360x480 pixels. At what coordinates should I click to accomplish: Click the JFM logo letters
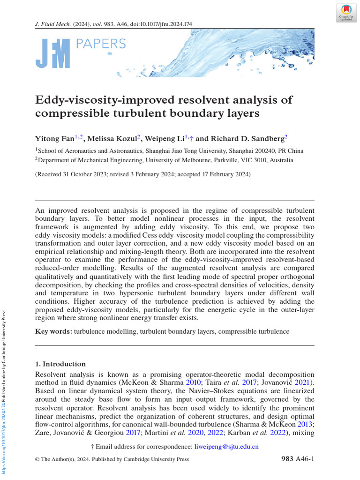click(53, 54)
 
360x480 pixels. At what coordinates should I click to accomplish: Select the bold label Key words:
click(53, 331)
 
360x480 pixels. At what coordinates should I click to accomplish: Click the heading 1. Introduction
click(60, 364)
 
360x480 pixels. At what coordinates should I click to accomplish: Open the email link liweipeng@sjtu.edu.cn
click(226, 447)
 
